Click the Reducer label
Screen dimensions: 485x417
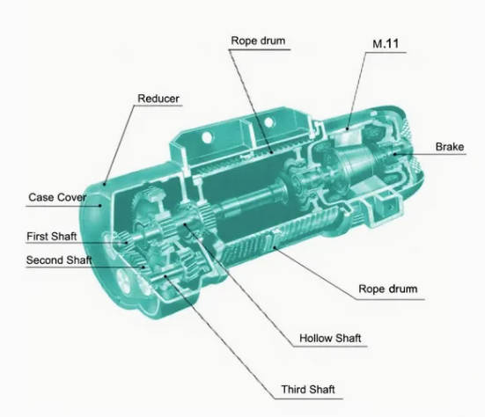(158, 99)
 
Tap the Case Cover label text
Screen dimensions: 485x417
(57, 197)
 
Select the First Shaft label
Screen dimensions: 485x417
(52, 237)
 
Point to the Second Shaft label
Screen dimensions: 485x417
(59, 260)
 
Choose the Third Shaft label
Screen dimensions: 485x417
(308, 389)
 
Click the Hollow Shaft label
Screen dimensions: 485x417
(330, 338)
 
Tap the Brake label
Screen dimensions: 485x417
(450, 147)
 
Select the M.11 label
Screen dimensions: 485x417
(386, 44)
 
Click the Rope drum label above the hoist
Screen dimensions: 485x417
(258, 40)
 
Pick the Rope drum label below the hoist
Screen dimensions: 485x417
(388, 289)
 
